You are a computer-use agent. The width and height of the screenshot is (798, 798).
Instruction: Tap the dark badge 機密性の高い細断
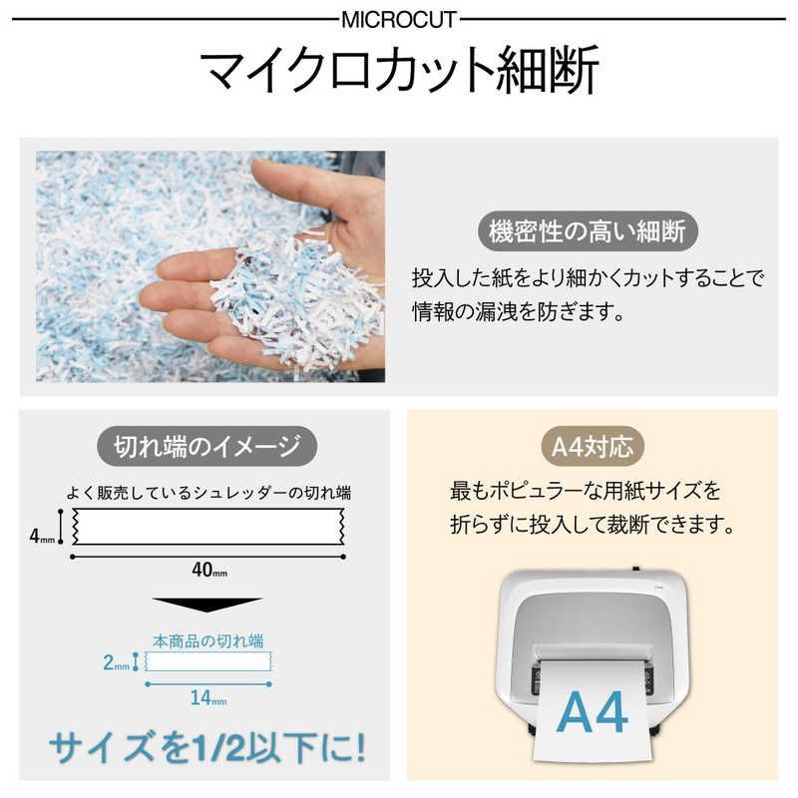[x=587, y=231]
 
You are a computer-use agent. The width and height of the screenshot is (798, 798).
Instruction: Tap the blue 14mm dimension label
[x=207, y=698]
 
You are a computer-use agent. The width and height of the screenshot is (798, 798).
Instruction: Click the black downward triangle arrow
[x=206, y=604]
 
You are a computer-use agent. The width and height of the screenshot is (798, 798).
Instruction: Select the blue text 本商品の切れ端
[x=207, y=639]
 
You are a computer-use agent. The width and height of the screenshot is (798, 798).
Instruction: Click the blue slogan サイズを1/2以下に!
[x=207, y=745]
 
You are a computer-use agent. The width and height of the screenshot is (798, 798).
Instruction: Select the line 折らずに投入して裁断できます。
[x=592, y=523]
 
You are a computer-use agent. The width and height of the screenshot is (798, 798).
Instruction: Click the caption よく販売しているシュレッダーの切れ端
[x=207, y=493]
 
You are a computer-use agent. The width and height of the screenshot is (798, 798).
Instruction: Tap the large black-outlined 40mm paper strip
[x=207, y=527]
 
